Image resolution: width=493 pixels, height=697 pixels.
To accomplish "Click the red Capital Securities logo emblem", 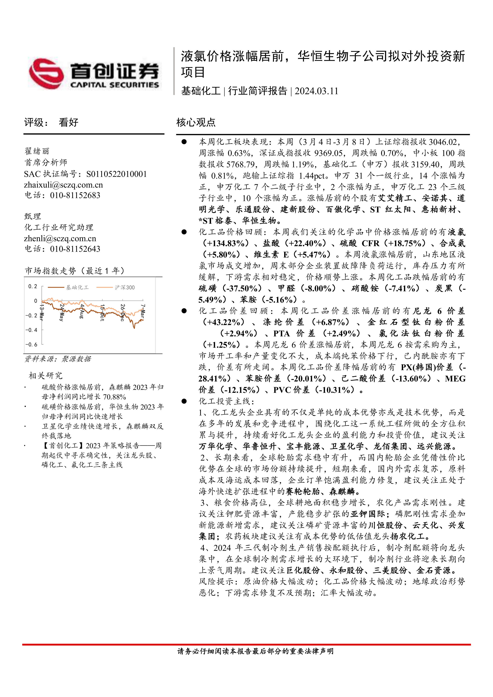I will pos(46,74).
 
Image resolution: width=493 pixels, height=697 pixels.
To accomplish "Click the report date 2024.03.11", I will pos(316,91).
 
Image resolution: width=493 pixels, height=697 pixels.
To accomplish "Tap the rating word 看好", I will pos(69,122).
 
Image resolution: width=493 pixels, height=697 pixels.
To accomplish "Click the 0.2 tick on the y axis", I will pos(32,286).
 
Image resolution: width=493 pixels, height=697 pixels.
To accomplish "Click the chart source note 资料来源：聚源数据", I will pos(58,359).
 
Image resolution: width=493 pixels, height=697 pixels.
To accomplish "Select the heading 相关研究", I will pos(46,376).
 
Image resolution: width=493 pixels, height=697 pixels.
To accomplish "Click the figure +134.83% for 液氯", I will pos(225,243).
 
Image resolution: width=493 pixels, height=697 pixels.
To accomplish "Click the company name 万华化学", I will pos(216,446).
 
